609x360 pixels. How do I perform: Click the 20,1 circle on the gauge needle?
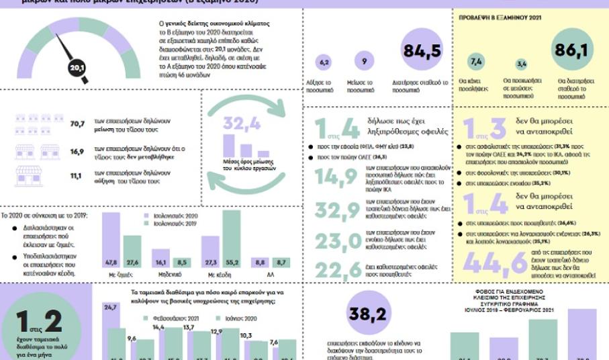[x=77, y=67]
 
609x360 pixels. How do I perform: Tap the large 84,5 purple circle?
[x=421, y=51]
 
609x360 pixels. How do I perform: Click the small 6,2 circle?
[x=325, y=62]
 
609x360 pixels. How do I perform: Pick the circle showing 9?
[x=363, y=62]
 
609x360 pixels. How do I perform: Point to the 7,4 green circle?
[x=477, y=62]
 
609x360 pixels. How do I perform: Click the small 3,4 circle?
[x=521, y=64]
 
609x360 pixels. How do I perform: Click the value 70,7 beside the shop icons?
[x=77, y=124]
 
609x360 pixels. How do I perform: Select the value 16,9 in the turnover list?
[x=77, y=152]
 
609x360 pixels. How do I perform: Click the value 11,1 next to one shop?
[x=77, y=176]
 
